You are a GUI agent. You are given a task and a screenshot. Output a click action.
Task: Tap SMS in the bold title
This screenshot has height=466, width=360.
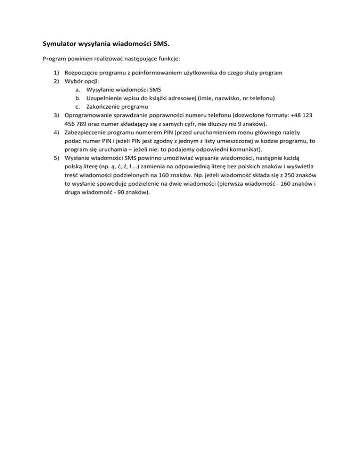160,45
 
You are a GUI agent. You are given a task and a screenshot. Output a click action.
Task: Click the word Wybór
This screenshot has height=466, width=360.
74,82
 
